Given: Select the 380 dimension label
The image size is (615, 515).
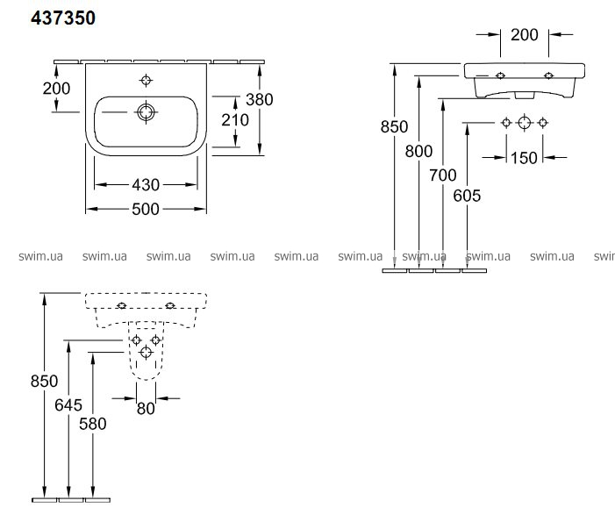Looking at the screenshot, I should (x=260, y=99).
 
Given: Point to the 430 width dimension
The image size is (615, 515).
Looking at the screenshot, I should (x=145, y=185).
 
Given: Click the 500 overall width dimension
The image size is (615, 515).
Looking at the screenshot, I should (x=145, y=209).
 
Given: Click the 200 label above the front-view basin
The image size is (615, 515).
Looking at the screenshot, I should (x=525, y=35).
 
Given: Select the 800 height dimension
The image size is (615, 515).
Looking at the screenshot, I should (x=419, y=150).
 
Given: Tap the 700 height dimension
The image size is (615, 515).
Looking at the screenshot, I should (x=444, y=175).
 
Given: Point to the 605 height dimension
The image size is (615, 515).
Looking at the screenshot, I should (x=468, y=196).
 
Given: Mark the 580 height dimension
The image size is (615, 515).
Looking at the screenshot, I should (x=92, y=424).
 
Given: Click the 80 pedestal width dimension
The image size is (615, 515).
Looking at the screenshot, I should (x=146, y=407).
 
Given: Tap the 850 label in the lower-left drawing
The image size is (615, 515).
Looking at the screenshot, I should (x=44, y=382).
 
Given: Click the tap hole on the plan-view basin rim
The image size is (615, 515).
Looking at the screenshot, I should (x=146, y=81).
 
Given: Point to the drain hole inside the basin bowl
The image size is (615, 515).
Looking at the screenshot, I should (x=146, y=113).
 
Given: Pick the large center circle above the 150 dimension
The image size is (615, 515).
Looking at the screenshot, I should (x=524, y=122).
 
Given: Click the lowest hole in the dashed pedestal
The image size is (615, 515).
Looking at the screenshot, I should (x=147, y=352).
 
